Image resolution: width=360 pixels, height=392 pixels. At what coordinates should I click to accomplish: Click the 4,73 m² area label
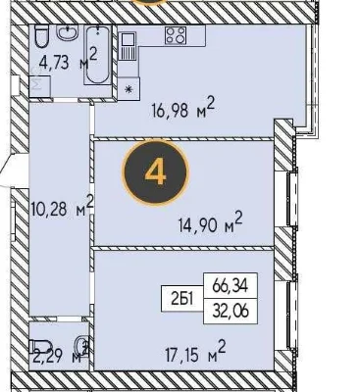coord(68,58)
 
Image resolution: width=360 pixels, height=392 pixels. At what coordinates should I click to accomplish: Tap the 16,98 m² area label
coord(183,108)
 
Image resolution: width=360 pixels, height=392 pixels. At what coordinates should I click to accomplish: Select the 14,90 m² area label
coord(211,222)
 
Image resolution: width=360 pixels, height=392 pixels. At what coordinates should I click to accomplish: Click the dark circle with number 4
coord(155,172)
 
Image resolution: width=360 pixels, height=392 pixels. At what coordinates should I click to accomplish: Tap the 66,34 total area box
coord(231,286)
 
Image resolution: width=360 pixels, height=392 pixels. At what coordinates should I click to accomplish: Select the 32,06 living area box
coord(231,311)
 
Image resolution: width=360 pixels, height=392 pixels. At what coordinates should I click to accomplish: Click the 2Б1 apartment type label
coord(182,299)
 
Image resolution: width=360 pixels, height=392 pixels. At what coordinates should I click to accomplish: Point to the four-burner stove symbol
coord(176,35)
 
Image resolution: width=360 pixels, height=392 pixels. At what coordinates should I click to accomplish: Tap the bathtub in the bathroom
coord(98,55)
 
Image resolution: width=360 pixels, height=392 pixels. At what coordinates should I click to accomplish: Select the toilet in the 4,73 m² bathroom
coord(41,36)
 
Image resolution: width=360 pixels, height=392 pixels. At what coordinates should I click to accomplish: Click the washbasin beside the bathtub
coord(68,32)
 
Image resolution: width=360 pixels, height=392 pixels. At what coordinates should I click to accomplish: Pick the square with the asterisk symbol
coord(129,89)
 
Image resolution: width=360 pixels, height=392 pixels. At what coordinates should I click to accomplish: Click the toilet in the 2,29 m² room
coord(41,347)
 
